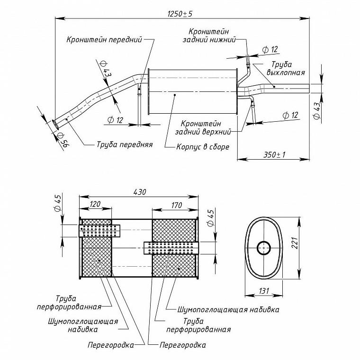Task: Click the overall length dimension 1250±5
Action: click(180, 14)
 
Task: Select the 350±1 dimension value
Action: click(274, 154)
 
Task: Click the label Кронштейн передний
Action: click(104, 39)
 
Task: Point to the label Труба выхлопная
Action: click(286, 68)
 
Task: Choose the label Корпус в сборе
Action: click(203, 147)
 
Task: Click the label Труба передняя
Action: click(125, 144)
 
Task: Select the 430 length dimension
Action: click(140, 192)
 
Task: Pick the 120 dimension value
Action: click(95, 204)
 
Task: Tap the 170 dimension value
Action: click(176, 205)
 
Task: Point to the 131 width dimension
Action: click(264, 291)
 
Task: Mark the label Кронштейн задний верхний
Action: click(203, 127)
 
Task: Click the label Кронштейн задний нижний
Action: click(209, 36)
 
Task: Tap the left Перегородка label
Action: click(111, 345)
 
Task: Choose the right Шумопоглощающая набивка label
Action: click(228, 310)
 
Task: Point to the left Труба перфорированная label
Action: click(69, 303)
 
